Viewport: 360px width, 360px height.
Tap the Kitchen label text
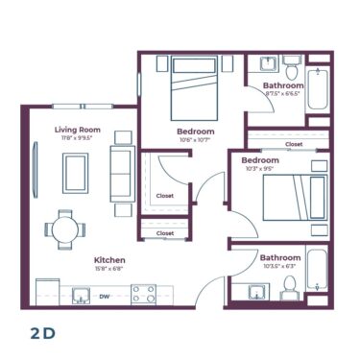coord(109,260)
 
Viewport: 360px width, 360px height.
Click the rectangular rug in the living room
coord(76,173)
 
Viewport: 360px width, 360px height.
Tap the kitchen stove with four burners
coord(144,295)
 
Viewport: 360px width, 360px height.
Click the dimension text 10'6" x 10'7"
coord(195,140)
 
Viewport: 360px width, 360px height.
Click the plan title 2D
coord(43,333)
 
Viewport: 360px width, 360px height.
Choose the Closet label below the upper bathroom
coord(293,144)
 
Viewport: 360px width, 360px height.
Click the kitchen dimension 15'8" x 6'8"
coord(109,270)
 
